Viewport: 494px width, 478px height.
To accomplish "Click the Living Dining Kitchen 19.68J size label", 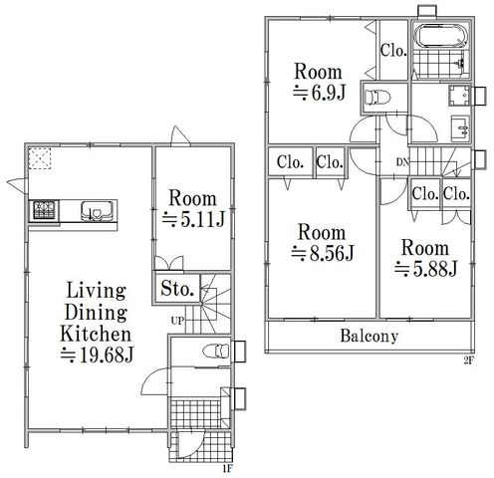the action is pyautogui.click(x=97, y=355).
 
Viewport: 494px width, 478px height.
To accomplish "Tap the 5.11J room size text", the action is pyautogui.click(x=194, y=219).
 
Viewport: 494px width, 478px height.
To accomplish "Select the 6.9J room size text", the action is pyautogui.click(x=320, y=93).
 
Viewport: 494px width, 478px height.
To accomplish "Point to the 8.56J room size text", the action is pyautogui.click(x=323, y=253).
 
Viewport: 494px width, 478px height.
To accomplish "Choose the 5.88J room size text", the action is pyautogui.click(x=426, y=269).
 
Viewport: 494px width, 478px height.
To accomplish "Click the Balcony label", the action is pyautogui.click(x=370, y=336).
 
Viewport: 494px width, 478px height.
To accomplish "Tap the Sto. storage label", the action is pyautogui.click(x=177, y=288).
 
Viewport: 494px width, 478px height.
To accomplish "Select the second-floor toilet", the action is pyautogui.click(x=377, y=98).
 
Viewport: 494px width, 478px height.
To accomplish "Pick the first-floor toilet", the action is pyautogui.click(x=216, y=352).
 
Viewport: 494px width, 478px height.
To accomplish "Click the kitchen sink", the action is pyautogui.click(x=97, y=210).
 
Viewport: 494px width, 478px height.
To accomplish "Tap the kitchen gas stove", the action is pyautogui.click(x=44, y=210).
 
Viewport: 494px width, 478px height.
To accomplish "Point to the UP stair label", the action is pyautogui.click(x=177, y=321).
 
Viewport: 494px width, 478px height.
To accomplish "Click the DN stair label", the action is pyautogui.click(x=402, y=162).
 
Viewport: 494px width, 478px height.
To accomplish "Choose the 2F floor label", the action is pyautogui.click(x=468, y=360).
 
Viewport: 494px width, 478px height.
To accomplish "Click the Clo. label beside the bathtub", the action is pyautogui.click(x=393, y=51).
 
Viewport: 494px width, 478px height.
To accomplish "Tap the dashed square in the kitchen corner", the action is pyautogui.click(x=40, y=158).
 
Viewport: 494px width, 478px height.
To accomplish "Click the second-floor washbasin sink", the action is pyautogui.click(x=460, y=128).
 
